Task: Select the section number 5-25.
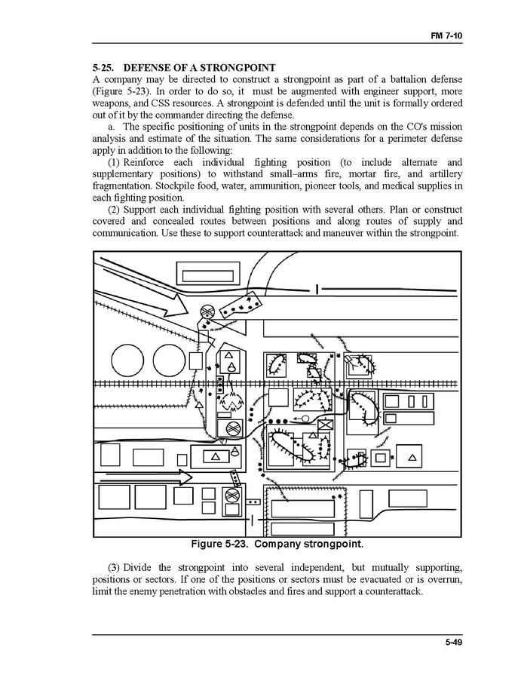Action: pyautogui.click(x=103, y=68)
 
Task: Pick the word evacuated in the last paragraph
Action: pyautogui.click(x=386, y=578)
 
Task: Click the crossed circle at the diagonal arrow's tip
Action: pyautogui.click(x=207, y=311)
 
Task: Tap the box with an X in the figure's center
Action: pyautogui.click(x=326, y=425)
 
